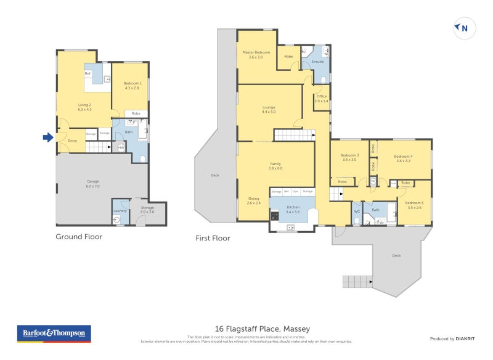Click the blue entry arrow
(47, 137)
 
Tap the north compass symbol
(463, 28)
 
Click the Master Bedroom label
(256, 54)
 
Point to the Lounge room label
(269, 109)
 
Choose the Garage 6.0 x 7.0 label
(92, 183)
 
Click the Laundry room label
(120, 211)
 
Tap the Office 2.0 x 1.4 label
(322, 98)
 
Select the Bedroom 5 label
(415, 205)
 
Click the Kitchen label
(293, 210)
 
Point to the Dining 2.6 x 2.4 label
(254, 200)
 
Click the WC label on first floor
(356, 211)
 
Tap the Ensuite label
(318, 62)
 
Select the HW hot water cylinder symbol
(121, 148)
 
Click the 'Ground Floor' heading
(79, 236)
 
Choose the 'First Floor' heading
(213, 238)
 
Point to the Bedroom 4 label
(404, 158)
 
